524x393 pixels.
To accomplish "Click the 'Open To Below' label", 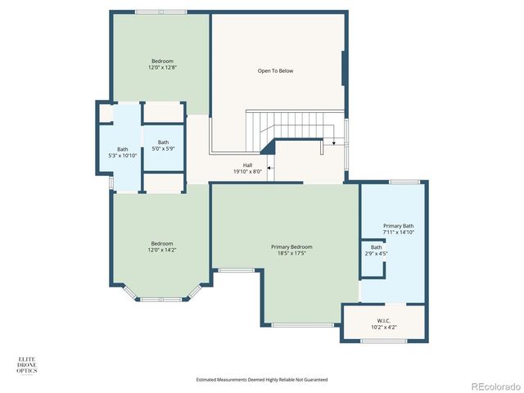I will [275, 71].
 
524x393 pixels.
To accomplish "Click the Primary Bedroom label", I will [291, 246].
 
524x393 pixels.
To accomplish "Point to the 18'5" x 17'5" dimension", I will [291, 253].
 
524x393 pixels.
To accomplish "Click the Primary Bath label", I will [398, 226].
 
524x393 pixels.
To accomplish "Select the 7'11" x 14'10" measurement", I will [398, 233].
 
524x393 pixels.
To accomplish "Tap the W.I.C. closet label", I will [383, 320].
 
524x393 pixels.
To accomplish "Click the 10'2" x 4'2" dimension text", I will [383, 327].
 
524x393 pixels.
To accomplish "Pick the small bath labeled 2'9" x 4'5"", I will [376, 250].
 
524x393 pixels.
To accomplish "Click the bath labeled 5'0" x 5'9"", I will [164, 145].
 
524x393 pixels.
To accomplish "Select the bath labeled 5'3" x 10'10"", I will [123, 152].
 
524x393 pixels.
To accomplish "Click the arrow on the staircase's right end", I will [334, 144].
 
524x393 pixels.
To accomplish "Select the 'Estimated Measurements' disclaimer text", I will [262, 380].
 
